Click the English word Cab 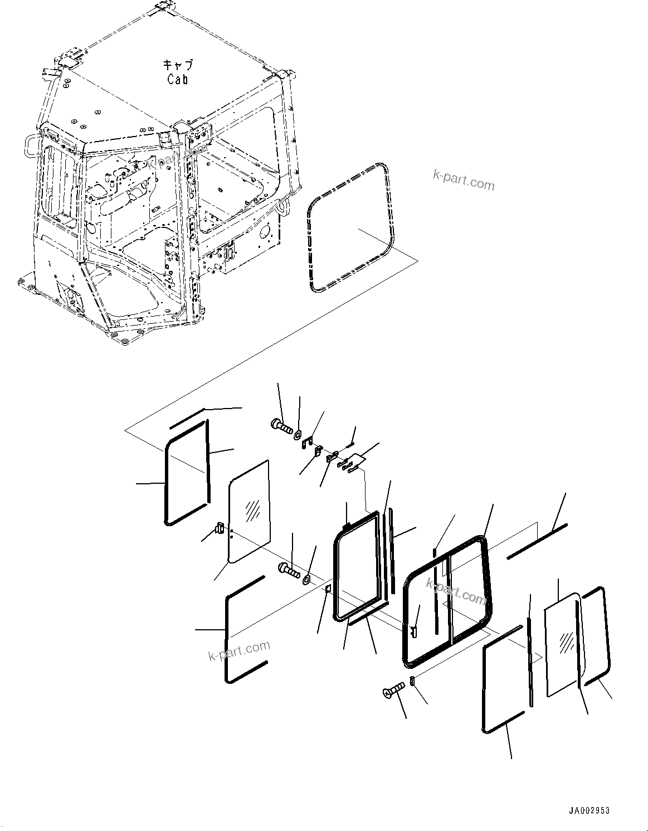click(x=177, y=79)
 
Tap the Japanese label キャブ click(x=177, y=65)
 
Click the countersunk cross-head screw click(x=393, y=691)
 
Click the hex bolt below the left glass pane click(x=288, y=570)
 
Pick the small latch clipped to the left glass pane click(x=220, y=527)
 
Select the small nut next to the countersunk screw click(x=413, y=681)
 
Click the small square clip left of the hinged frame click(x=329, y=589)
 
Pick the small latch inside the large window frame click(x=414, y=630)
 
